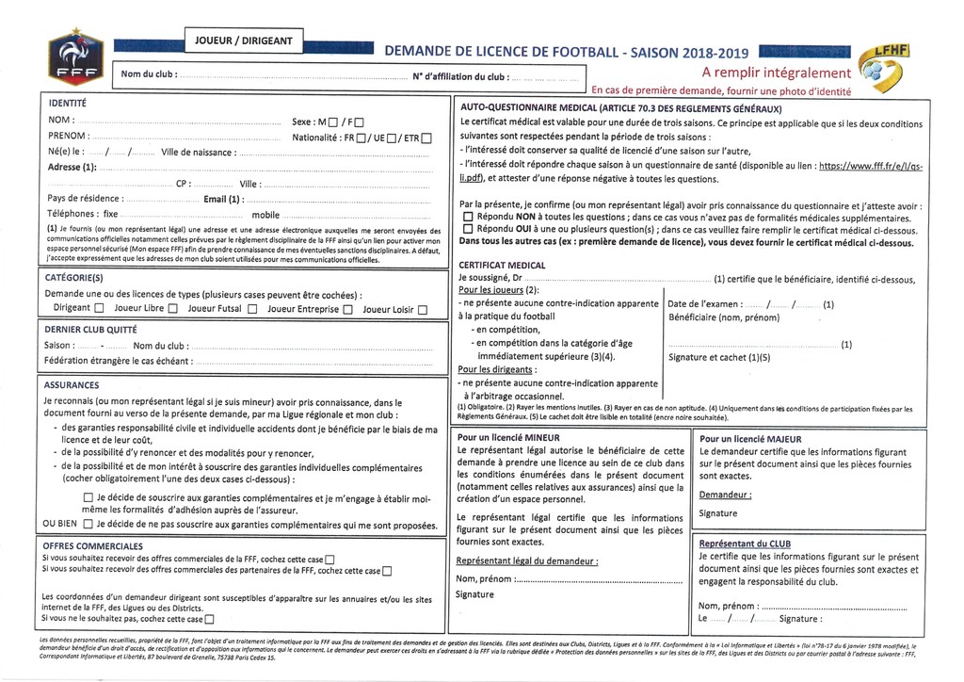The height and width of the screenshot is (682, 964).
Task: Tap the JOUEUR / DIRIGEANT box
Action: click(x=243, y=41)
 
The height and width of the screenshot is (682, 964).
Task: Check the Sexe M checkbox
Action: click(x=330, y=122)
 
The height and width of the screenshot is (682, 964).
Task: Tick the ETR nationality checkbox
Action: click(x=426, y=138)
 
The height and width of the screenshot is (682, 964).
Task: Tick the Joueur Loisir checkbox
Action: click(x=423, y=309)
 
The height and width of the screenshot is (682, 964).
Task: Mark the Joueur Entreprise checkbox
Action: click(x=347, y=309)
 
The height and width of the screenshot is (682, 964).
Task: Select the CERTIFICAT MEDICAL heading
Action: click(x=504, y=267)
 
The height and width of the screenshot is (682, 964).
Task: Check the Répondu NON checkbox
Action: click(x=468, y=218)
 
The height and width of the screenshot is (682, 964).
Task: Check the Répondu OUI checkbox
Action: click(x=468, y=229)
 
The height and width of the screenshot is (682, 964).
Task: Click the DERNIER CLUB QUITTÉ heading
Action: click(x=91, y=330)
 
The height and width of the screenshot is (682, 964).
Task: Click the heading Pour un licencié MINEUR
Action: click(x=508, y=438)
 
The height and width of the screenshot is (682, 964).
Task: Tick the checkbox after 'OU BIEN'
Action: click(x=88, y=524)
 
